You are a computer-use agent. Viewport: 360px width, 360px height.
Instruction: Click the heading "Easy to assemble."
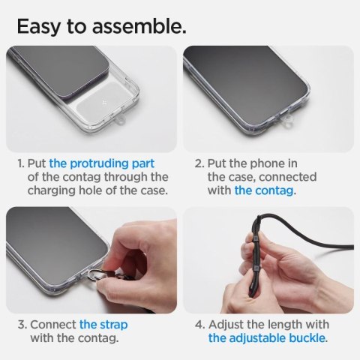(x=100, y=27)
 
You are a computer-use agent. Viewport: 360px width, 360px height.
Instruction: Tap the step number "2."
(x=199, y=163)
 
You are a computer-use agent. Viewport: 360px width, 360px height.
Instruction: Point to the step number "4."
(x=199, y=324)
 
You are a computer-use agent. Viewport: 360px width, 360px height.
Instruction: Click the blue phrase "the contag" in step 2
(x=265, y=190)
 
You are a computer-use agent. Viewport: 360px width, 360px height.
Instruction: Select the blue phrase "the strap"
(x=103, y=324)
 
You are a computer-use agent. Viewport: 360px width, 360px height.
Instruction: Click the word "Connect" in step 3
(x=53, y=324)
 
